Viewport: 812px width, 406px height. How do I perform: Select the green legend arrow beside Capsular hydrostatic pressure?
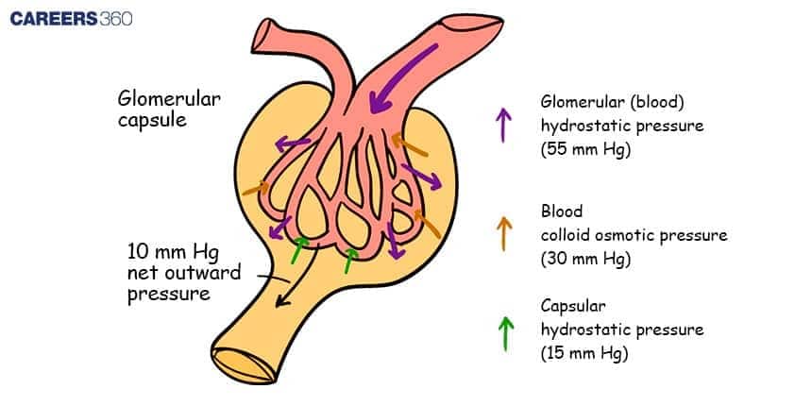coord(504,332)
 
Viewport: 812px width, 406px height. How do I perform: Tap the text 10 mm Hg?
coord(175,252)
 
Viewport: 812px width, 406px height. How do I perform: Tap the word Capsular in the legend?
coord(577,307)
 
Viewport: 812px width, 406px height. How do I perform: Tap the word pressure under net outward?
coord(168,295)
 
